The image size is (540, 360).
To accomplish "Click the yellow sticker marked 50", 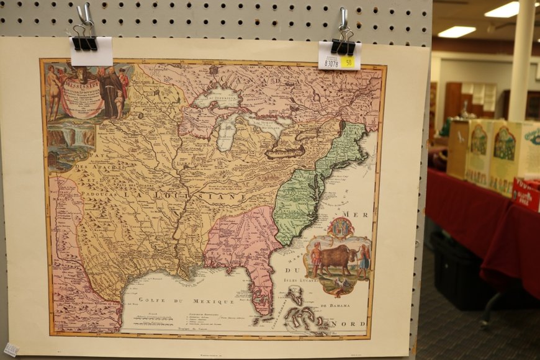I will [x=348, y=62].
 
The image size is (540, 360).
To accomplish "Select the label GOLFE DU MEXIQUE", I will [x=186, y=301].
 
